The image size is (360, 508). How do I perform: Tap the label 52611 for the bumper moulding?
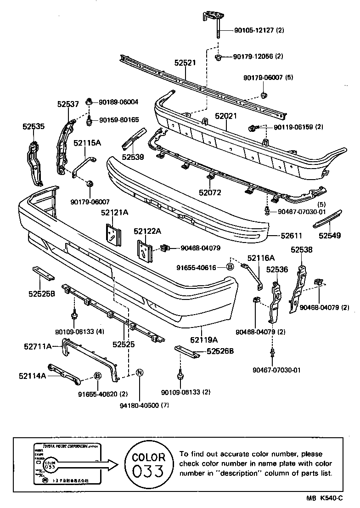(x=292, y=236)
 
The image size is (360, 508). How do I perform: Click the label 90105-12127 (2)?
(x=259, y=30)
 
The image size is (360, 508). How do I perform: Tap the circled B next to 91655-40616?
(x=231, y=266)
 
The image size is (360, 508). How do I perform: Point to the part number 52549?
(x=330, y=236)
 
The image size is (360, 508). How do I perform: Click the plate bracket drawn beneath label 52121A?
(x=112, y=234)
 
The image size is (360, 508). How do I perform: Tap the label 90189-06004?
(x=118, y=102)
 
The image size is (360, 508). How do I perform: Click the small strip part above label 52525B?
(x=42, y=273)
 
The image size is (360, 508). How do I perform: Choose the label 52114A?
(x=32, y=376)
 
